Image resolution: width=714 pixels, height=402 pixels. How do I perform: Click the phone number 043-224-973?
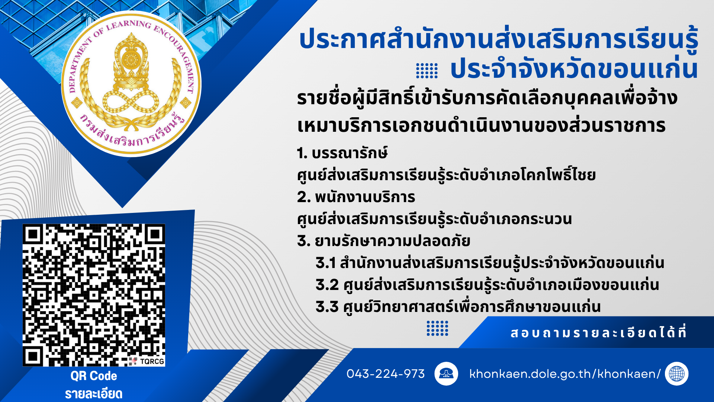coord(385,374)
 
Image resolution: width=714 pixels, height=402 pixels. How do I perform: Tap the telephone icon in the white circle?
coord(446,373)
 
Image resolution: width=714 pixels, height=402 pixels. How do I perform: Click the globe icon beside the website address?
coord(676,373)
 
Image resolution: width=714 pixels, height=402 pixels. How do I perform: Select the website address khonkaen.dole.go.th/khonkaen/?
coord(565,374)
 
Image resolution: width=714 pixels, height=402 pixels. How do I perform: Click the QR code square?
coord(94,295)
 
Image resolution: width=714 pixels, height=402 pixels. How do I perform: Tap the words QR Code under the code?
coord(94,376)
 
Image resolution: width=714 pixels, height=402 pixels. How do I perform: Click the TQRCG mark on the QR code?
coord(152,361)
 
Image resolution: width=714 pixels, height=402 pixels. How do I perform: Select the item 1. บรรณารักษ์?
coord(342,153)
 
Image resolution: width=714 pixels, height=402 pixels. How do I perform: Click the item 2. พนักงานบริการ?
coord(356,197)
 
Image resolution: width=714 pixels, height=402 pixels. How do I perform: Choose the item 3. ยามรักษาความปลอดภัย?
coord(383,241)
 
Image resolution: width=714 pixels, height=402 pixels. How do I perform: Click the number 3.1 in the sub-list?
coord(325,263)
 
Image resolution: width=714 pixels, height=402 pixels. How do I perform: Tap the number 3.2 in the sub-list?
coord(327,285)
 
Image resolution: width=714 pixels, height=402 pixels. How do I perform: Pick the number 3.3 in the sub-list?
coord(327,307)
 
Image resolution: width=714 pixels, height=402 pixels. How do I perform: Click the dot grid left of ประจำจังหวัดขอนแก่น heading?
coord(427,71)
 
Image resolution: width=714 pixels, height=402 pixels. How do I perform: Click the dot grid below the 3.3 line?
coord(437,328)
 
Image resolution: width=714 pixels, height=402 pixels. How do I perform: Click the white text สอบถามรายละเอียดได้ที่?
coord(598,332)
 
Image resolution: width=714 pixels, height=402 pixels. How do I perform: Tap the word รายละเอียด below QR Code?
coord(94,394)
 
